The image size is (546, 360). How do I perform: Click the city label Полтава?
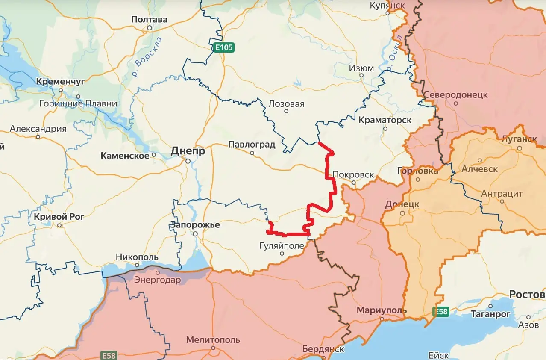click(149, 19)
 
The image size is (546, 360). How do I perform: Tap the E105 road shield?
click(224, 47)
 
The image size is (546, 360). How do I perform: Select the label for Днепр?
click(188, 151)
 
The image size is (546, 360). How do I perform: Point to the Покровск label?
click(353, 175)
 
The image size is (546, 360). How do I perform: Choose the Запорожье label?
click(195, 225)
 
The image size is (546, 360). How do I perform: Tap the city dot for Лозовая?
click(286, 111)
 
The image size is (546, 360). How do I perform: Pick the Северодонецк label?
click(456, 95)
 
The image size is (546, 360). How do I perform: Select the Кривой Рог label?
click(59, 216)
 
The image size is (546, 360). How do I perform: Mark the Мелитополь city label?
click(213, 340)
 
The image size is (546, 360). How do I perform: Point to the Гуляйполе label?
click(282, 246)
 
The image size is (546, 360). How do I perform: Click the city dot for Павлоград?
click(252, 153)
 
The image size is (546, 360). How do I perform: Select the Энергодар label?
click(158, 280)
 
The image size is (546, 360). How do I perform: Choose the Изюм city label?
click(361, 68)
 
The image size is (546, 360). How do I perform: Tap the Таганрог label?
click(490, 314)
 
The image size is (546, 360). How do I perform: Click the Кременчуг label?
click(61, 81)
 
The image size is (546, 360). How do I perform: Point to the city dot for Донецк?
click(402, 213)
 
